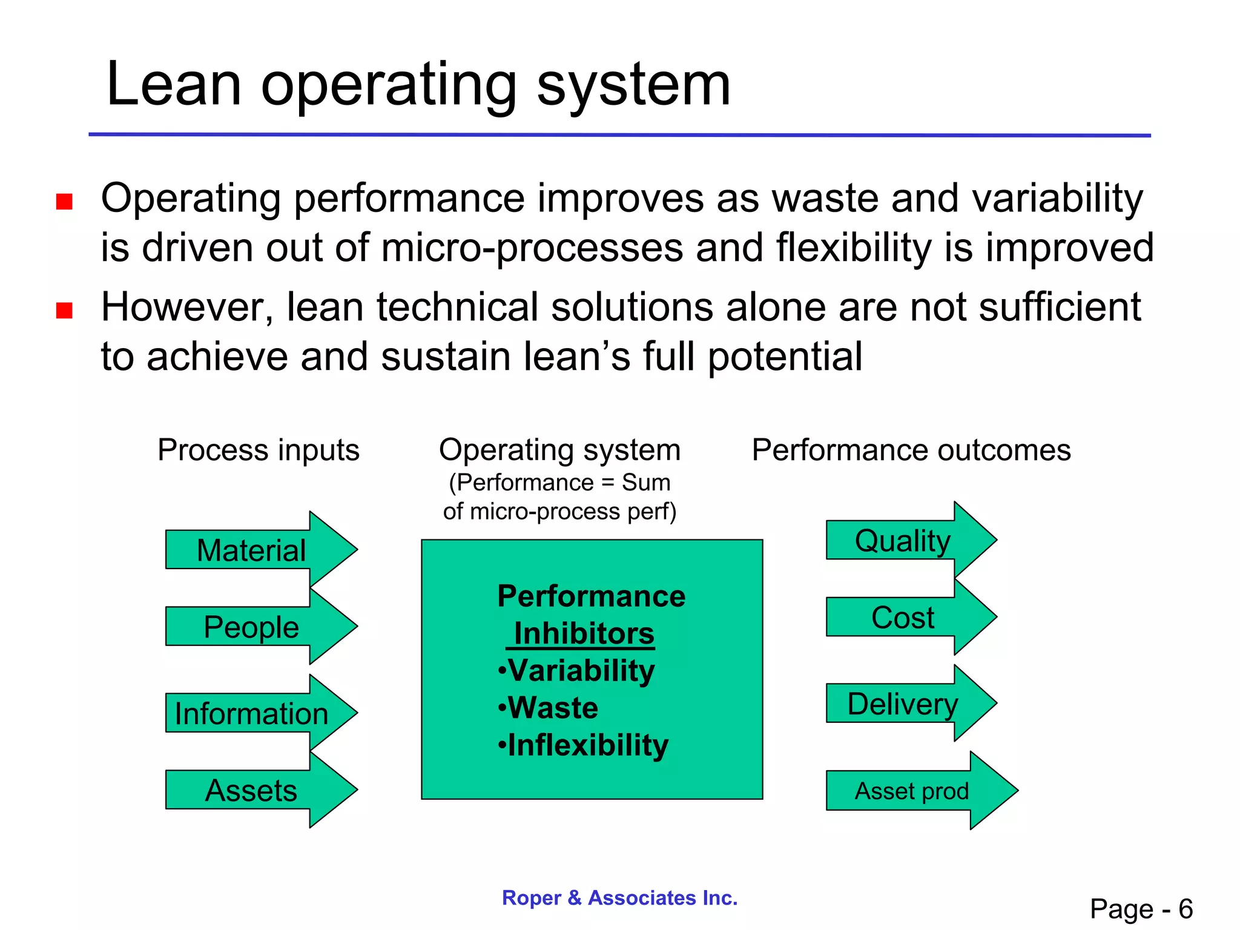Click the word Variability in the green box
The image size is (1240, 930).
pyautogui.click(x=581, y=671)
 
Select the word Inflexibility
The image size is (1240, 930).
pyautogui.click(x=588, y=745)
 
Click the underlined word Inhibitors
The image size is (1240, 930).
pyautogui.click(x=584, y=634)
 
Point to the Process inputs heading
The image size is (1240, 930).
pyautogui.click(x=259, y=450)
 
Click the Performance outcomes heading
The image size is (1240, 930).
pyautogui.click(x=911, y=450)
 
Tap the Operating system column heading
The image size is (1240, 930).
pyautogui.click(x=559, y=450)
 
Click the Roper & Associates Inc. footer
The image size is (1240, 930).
pyautogui.click(x=619, y=897)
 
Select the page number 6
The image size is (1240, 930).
pyautogui.click(x=1185, y=909)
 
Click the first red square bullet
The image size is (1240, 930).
pyautogui.click(x=64, y=201)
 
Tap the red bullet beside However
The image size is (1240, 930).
pyautogui.click(x=64, y=310)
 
